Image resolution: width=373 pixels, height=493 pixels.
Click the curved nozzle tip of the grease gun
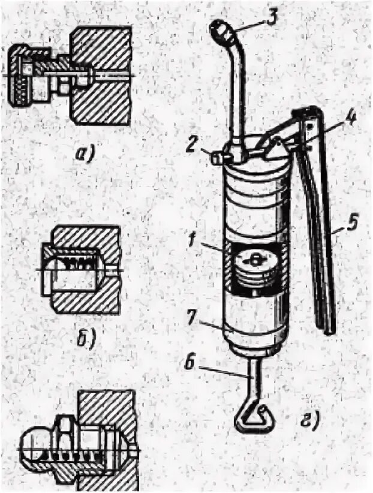220,30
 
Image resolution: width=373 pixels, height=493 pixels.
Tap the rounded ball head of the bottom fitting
33,444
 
